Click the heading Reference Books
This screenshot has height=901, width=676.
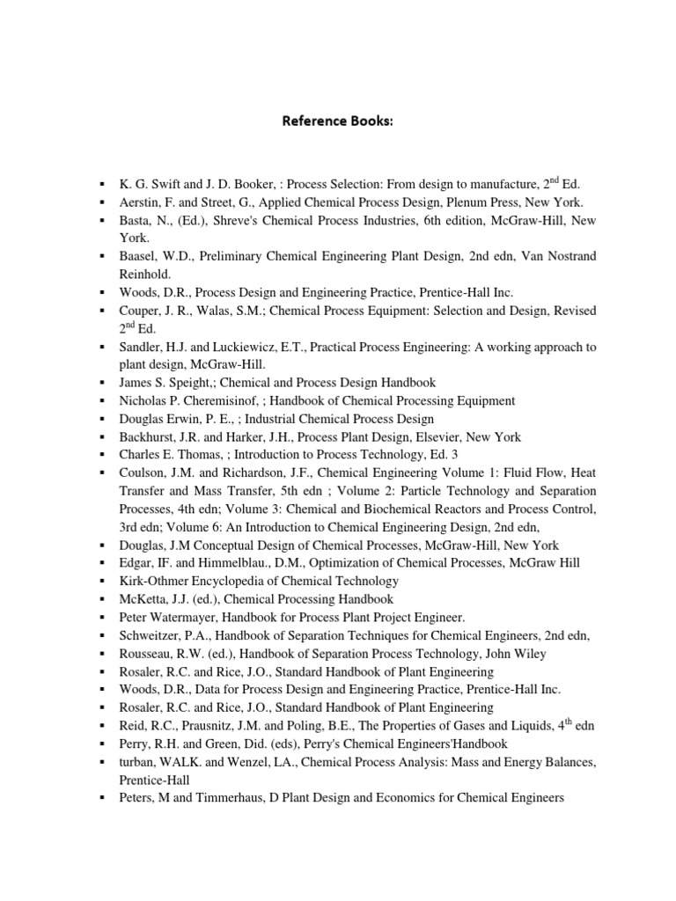point(337,121)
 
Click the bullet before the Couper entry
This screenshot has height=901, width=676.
point(104,311)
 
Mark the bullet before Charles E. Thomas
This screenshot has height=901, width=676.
point(104,455)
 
